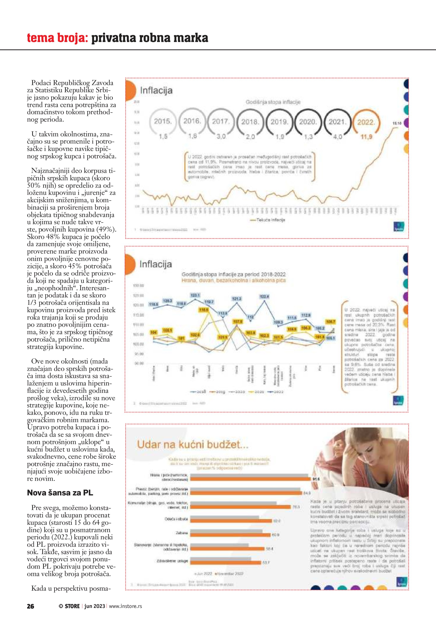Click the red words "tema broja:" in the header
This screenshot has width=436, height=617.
57,38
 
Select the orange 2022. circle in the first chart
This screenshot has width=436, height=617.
366,122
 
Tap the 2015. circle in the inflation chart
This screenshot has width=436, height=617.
163,121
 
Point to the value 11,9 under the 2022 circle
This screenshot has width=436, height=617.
366,137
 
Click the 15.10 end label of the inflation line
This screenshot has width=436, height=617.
397,123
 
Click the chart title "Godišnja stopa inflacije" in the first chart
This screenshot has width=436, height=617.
273,102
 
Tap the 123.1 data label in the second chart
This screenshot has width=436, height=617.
195,295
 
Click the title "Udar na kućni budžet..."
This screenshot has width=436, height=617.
193,445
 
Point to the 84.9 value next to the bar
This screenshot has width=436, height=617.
307,493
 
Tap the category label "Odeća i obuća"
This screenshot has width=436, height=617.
176,519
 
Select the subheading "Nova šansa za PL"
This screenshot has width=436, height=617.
60,493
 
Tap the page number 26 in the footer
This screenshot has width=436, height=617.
30,606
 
